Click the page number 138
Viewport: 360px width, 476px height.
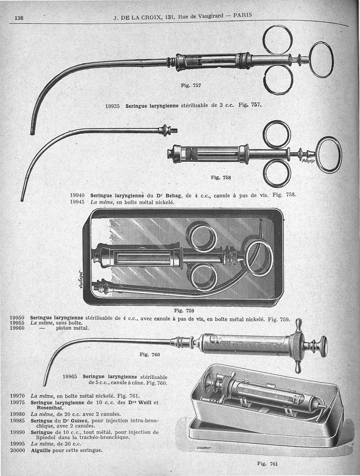pos(19,18)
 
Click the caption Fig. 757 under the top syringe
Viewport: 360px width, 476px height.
pos(191,86)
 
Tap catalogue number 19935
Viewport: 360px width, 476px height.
pos(113,106)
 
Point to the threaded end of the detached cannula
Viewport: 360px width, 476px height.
pos(175,131)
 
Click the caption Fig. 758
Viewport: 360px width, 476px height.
pos(221,177)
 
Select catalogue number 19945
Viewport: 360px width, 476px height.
pos(77,202)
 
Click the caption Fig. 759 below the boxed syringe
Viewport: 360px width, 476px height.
pos(184,311)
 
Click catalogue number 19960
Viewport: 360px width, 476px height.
pos(17,328)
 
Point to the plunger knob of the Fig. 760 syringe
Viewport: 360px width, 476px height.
pos(323,346)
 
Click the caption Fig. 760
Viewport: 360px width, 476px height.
pos(149,354)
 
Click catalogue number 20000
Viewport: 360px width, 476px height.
pos(18,450)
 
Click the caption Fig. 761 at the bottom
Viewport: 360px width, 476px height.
pos(267,463)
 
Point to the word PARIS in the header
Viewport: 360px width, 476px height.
pos(243,15)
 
